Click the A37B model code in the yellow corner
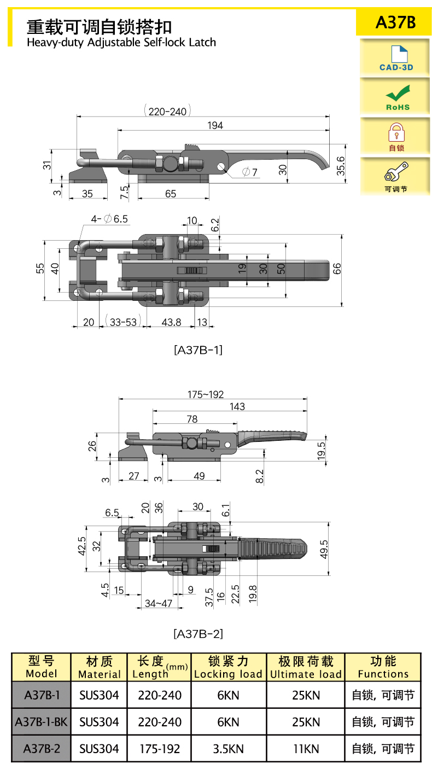[395, 22]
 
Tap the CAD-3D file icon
[399, 54]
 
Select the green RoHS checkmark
[398, 93]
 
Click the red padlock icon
[396, 132]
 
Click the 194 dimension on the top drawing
[215, 125]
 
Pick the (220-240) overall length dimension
[167, 111]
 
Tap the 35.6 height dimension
[340, 166]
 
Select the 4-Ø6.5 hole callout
[109, 219]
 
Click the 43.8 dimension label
[171, 322]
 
